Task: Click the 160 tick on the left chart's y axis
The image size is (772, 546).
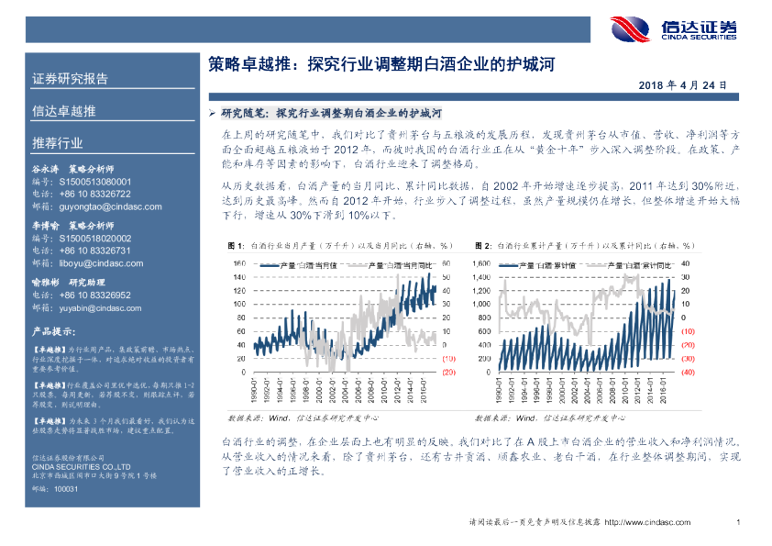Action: pyautogui.click(x=237, y=264)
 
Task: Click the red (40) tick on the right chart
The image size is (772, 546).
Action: pyautogui.click(x=688, y=373)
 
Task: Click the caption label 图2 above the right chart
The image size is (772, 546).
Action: pyautogui.click(x=482, y=246)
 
